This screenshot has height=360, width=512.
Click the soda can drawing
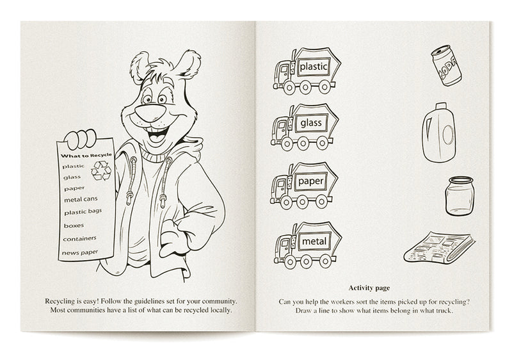445,65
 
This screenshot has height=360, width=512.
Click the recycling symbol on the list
100,170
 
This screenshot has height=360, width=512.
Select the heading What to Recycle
86,155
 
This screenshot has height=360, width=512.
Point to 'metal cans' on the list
80,199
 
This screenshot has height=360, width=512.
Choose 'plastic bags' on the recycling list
82,211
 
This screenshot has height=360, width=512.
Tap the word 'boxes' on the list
74,225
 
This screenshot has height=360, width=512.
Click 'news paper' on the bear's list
81,252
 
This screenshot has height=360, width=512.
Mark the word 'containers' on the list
80,239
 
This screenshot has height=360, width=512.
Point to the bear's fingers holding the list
83,136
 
